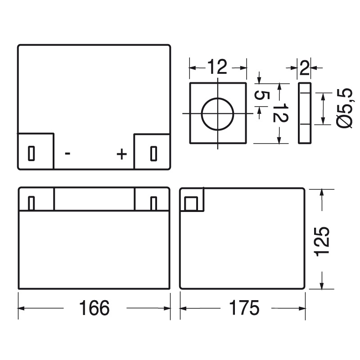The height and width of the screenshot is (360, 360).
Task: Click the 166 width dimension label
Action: tap(94, 308)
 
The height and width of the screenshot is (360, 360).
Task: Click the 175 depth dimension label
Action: tap(243, 308)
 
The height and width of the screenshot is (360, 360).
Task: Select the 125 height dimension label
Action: tap(323, 241)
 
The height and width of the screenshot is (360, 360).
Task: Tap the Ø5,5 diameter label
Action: tap(343, 108)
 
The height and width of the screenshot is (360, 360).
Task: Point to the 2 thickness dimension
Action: tap(305, 68)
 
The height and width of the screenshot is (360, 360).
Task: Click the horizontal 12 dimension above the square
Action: tap(217, 68)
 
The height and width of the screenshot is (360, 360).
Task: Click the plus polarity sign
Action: tap(121, 154)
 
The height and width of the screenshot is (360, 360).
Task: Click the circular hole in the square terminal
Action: tap(217, 113)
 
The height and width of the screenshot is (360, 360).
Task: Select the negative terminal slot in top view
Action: tap(31, 153)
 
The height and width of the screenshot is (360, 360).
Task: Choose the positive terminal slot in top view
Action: tap(153, 153)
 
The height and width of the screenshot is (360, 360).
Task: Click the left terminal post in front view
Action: tap(31, 203)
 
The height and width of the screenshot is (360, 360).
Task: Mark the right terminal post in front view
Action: tap(153, 203)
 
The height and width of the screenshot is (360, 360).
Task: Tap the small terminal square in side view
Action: tap(190, 204)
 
